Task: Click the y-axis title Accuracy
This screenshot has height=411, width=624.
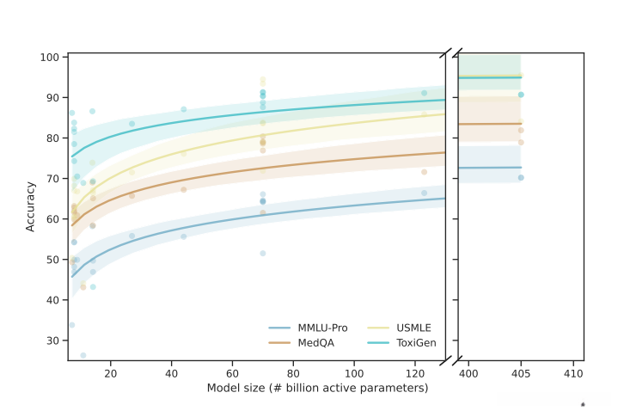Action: pos(31,205)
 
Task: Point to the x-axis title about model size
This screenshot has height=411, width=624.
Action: pos(317,388)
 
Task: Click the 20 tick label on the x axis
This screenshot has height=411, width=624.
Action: pos(110,374)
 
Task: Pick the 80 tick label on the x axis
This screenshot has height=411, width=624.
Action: pos(293,374)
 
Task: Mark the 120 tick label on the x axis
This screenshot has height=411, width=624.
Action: pos(415,374)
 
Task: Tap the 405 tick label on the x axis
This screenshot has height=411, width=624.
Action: pos(521,374)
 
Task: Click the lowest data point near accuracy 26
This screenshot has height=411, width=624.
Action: pos(83,355)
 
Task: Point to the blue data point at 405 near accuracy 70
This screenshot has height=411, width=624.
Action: pos(521,178)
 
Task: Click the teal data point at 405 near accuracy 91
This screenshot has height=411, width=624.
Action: pos(521,95)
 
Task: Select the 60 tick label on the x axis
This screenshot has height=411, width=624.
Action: pos(232,374)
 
